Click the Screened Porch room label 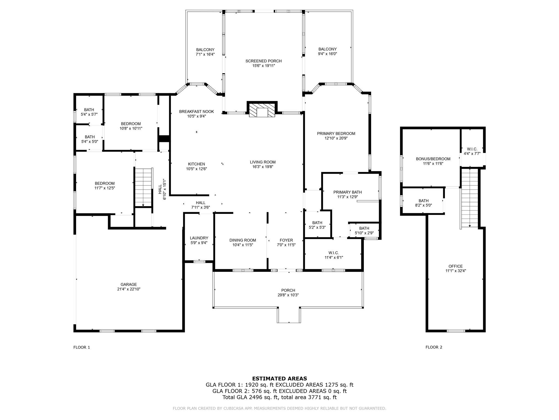click(x=263, y=61)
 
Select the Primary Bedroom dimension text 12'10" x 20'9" click(x=336, y=138)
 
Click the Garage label click(x=129, y=284)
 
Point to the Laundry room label click(x=199, y=238)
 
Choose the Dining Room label click(x=243, y=240)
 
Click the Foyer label click(x=286, y=240)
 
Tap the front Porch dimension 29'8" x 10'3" click(x=288, y=295)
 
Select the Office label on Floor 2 click(x=456, y=266)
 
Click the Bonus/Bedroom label click(x=433, y=159)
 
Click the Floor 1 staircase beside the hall click(x=143, y=187)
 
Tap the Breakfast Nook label click(x=197, y=112)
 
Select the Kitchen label click(x=197, y=164)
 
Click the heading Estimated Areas click(x=279, y=378)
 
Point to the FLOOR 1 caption click(x=82, y=347)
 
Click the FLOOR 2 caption click(x=434, y=347)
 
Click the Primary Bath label click(x=347, y=192)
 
